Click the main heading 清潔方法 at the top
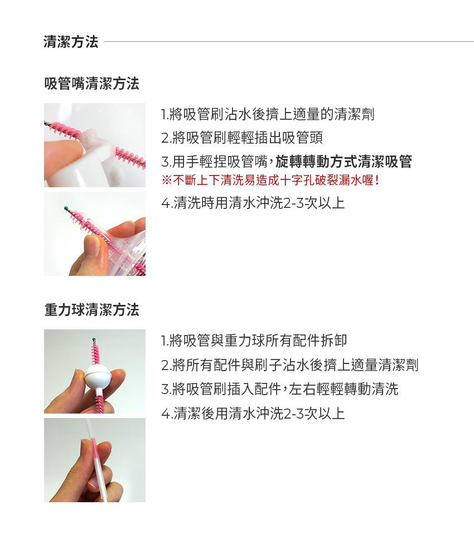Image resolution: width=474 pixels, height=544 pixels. [71, 42]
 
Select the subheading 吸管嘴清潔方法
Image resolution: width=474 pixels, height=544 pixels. [91, 84]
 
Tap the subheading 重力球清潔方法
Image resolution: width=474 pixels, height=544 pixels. [91, 310]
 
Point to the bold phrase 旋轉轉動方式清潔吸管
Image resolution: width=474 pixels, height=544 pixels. [344, 162]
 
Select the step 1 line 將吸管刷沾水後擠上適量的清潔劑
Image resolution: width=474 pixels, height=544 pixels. [267, 115]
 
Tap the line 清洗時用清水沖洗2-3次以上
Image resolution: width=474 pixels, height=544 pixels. [253, 203]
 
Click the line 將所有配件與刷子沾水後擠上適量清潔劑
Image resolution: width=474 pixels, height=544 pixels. [289, 365]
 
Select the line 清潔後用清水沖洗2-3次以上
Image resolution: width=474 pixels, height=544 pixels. [253, 414]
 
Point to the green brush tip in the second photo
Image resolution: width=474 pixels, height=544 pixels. [66, 208]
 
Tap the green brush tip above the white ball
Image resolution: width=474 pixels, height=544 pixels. [94, 338]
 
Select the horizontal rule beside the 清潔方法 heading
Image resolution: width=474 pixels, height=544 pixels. [287, 42]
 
